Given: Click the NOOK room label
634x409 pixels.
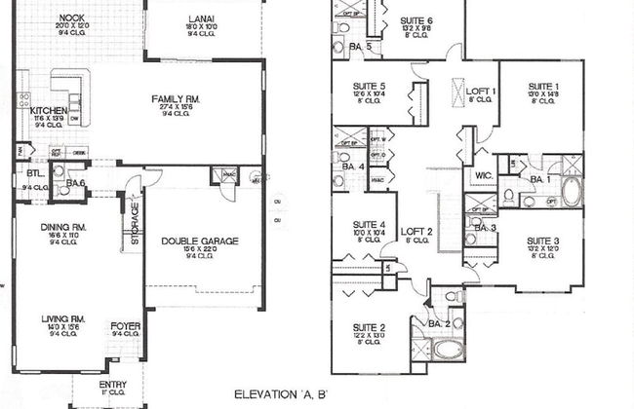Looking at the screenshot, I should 70,18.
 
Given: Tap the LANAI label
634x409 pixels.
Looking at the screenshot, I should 204,19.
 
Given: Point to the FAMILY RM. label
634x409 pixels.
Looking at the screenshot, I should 177,98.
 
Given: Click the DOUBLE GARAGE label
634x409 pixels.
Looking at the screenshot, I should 200,242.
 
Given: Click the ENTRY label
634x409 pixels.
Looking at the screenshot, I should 114,384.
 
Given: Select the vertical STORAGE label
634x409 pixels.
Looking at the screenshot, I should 136,223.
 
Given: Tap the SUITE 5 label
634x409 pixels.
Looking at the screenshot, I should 371,87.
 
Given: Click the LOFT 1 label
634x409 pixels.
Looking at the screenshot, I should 480,91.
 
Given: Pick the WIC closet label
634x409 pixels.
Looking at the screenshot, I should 483,176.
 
